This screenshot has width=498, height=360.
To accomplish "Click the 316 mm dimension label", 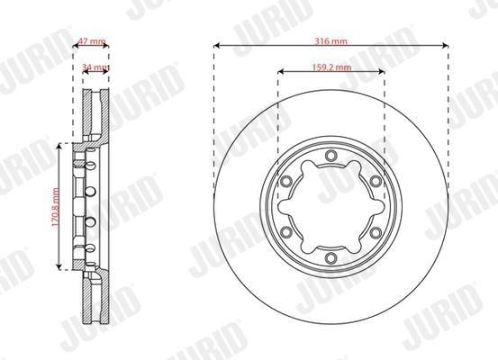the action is [x=330, y=41].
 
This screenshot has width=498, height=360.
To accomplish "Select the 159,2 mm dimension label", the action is [x=331, y=67].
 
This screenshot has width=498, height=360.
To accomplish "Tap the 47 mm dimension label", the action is [x=92, y=41].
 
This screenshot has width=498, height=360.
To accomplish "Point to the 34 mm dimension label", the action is [x=95, y=67].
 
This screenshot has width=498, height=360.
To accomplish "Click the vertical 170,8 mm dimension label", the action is [x=56, y=207].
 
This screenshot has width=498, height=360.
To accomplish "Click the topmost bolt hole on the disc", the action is [x=330, y=156].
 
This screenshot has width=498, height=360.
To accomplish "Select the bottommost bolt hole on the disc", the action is [x=330, y=258].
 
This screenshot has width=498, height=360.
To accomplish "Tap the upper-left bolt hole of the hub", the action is [x=286, y=181].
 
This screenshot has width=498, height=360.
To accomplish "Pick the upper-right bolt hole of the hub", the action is [x=376, y=181].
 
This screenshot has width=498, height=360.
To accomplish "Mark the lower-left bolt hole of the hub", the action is [x=286, y=232].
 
